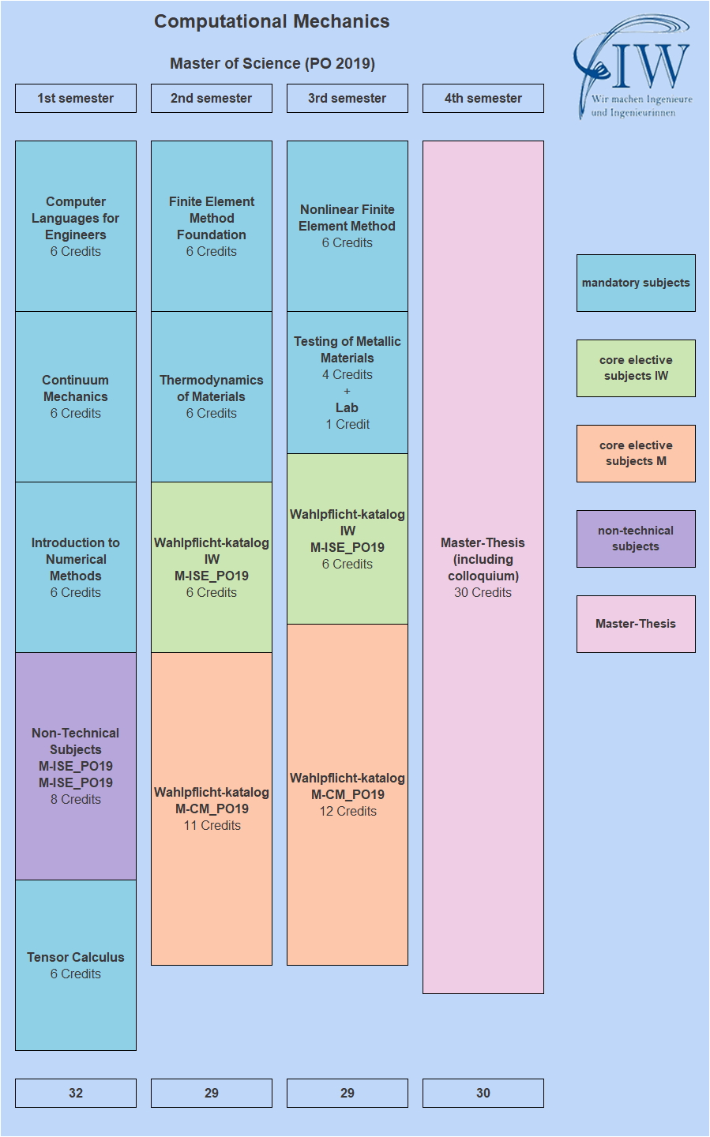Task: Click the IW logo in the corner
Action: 632,67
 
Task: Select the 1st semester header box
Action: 76,99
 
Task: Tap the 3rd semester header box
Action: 347,99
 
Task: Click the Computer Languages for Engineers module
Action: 76,226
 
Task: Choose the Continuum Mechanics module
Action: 76,396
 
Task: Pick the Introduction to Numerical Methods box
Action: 76,567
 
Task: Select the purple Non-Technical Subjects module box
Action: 76,766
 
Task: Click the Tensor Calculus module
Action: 76,965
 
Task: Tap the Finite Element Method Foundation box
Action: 212,226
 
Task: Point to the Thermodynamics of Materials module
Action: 212,396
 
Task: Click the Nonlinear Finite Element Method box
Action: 347,226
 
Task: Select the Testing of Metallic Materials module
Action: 347,382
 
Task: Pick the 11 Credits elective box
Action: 212,809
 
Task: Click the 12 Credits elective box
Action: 347,794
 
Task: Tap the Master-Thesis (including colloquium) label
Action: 483,567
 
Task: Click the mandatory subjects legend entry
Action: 636,283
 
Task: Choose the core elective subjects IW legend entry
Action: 636,368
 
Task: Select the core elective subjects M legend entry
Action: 636,453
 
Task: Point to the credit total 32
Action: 76,1093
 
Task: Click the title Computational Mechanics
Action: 272,21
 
